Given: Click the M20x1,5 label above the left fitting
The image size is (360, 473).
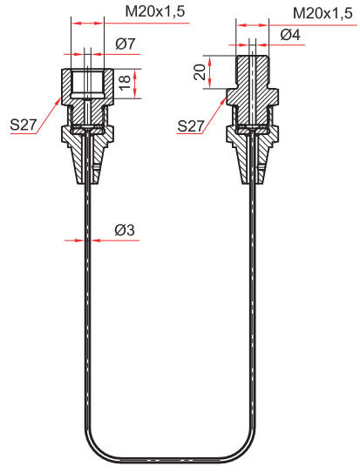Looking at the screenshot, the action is [155, 11].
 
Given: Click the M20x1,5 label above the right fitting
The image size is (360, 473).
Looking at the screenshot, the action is [323, 13].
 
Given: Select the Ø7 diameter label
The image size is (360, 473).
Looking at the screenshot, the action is [125, 44].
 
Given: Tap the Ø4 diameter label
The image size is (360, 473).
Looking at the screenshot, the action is [290, 35].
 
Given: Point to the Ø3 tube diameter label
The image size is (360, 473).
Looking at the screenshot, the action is [125, 231].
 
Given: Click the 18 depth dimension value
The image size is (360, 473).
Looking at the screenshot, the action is [125, 83].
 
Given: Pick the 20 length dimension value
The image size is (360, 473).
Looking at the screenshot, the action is [200, 71].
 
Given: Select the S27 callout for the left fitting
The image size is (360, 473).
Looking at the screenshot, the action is [24, 125].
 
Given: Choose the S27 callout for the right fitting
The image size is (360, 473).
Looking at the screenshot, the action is [191, 125].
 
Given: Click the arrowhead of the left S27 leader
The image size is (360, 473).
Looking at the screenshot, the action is [59, 100].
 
